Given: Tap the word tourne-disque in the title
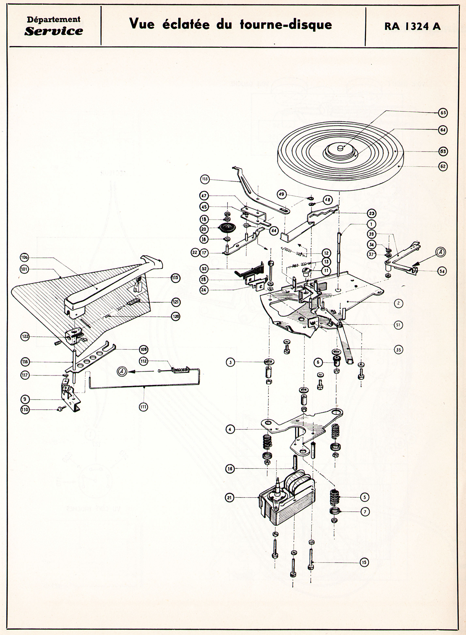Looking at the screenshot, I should [286, 24].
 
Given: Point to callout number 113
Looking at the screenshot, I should [205, 179].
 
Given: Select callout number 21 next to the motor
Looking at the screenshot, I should [230, 498].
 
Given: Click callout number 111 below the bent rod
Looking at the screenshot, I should [144, 406].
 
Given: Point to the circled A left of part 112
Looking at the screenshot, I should [122, 372].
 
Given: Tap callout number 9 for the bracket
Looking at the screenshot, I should [25, 399].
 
